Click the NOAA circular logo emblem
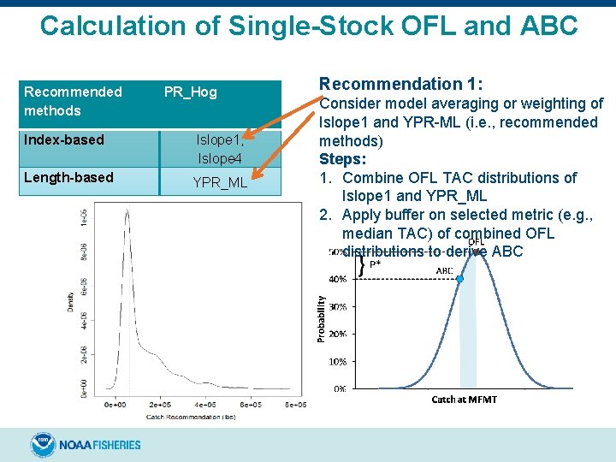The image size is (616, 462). click(43, 444)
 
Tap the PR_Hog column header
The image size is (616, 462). click(190, 92)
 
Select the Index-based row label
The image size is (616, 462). click(64, 139)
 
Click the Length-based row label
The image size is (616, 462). click(68, 177)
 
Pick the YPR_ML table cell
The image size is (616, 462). click(220, 182)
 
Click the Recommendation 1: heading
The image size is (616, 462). click(400, 84)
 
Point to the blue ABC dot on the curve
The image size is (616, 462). click(459, 279)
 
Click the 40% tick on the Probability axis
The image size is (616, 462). click(339, 279)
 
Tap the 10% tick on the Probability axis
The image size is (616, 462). click(339, 361)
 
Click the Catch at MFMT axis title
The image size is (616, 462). click(464, 400)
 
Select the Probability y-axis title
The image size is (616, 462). click(322, 319)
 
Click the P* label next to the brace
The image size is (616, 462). click(375, 265)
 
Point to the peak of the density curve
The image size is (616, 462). click(127, 210)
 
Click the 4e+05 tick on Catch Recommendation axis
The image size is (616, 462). click(204, 405)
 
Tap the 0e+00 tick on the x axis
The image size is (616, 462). click(115, 405)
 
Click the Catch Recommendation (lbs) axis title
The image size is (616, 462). click(180, 416)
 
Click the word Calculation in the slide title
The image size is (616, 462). click(129, 26)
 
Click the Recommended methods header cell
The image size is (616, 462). click(73, 101)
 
